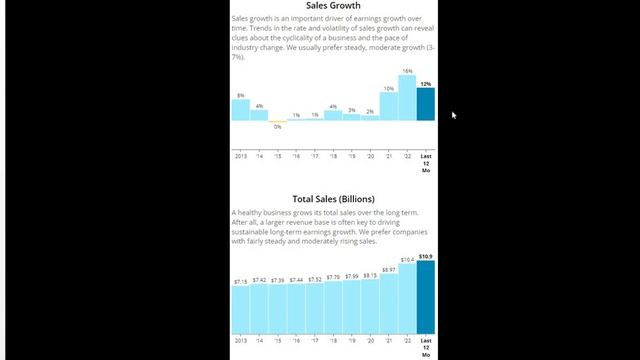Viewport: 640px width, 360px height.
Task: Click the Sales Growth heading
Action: pos(333,5)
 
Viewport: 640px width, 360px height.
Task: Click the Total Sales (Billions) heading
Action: pos(333,199)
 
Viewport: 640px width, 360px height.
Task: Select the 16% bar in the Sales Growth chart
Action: pos(407,98)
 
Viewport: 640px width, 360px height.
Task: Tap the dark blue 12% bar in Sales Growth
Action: pos(426,104)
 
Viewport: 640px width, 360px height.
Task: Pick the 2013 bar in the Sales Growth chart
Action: pos(241,110)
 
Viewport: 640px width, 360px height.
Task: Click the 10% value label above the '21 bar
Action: pos(389,88)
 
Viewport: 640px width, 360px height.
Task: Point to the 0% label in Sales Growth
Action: pos(278,127)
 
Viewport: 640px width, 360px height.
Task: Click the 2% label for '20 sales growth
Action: pos(370,111)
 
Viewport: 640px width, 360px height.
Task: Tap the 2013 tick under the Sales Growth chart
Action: pos(241,157)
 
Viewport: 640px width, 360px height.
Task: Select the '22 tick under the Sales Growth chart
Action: pos(407,157)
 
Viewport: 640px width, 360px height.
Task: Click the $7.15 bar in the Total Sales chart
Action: pos(241,310)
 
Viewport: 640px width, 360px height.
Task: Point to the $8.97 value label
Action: pos(389,269)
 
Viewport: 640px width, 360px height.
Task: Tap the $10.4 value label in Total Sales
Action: pos(407,260)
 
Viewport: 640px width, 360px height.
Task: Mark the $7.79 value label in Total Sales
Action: pos(333,277)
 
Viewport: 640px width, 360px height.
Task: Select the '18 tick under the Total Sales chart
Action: pos(333,342)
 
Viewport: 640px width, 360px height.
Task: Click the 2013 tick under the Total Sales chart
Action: pos(241,342)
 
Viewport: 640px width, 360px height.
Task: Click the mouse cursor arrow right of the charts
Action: pos(454,115)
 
